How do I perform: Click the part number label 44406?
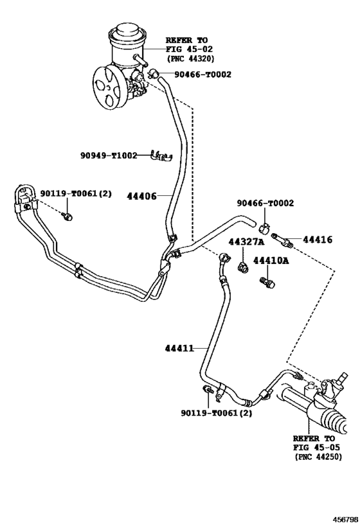pos(141,196)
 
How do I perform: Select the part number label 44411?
pos(179,349)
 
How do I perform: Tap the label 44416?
pos(318,240)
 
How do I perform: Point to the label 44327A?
pos(246,242)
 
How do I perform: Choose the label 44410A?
pos(271,261)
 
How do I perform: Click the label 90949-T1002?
pos(109,155)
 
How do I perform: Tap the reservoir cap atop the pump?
pos(128,33)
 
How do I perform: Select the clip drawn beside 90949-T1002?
pos(161,155)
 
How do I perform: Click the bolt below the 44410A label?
pos(267,282)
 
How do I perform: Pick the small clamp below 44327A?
pos(242,267)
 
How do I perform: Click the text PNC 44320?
pos(190,58)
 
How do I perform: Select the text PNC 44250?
pos(318,457)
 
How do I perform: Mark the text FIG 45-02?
pos(189,49)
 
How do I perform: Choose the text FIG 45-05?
pos(316,447)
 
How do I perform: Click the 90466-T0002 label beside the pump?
pos(203,74)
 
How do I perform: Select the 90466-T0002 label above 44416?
pos(265,203)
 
